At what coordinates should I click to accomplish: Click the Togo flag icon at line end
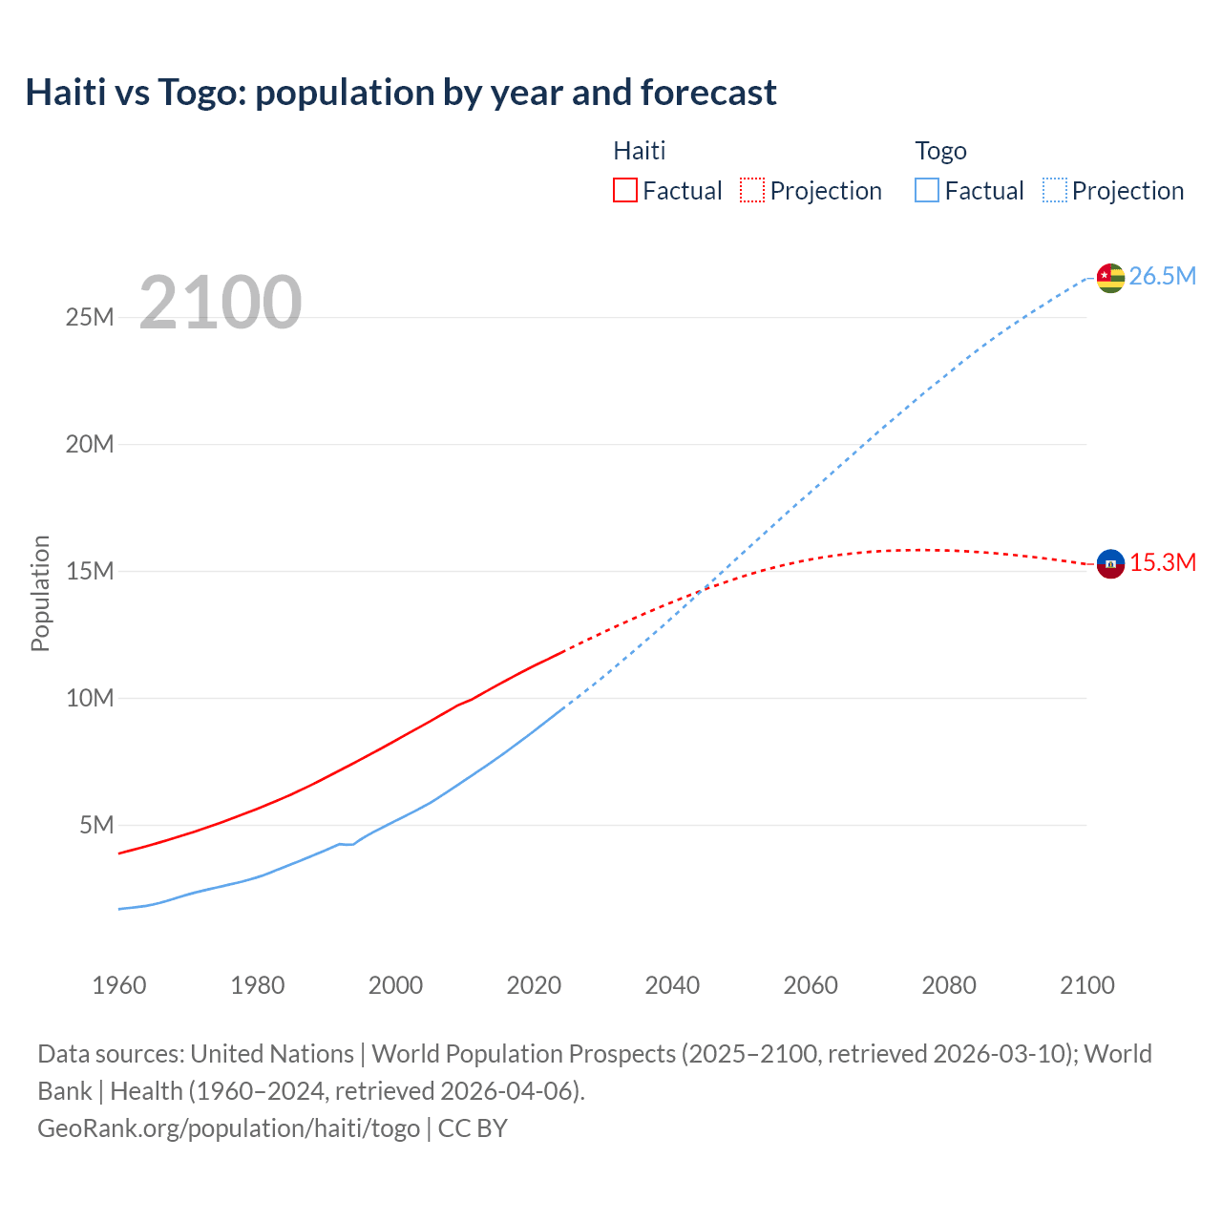coord(1110,277)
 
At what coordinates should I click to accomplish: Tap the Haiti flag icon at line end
coord(1110,563)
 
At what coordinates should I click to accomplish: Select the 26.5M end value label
coord(1162,276)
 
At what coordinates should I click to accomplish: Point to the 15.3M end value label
coord(1162,562)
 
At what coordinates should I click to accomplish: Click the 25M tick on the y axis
coord(90,317)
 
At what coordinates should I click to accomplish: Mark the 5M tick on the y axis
coord(96,825)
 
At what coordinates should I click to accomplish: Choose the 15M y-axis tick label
coord(90,571)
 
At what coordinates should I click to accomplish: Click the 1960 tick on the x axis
coord(119,985)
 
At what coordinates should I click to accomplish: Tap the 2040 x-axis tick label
coord(672,985)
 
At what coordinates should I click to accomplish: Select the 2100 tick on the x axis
coord(1086,985)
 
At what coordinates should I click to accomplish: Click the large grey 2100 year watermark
coord(221,303)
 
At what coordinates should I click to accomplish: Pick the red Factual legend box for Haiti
coord(624,190)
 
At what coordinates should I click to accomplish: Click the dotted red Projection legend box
coord(751,190)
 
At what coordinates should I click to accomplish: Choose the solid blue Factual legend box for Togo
coord(926,190)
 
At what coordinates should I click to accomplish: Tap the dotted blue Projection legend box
coord(1054,190)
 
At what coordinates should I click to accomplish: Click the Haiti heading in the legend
coord(639,151)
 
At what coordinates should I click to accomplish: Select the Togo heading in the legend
coord(940,151)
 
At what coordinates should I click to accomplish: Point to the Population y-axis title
coord(40,593)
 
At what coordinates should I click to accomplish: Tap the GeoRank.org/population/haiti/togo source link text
coord(228,1128)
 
